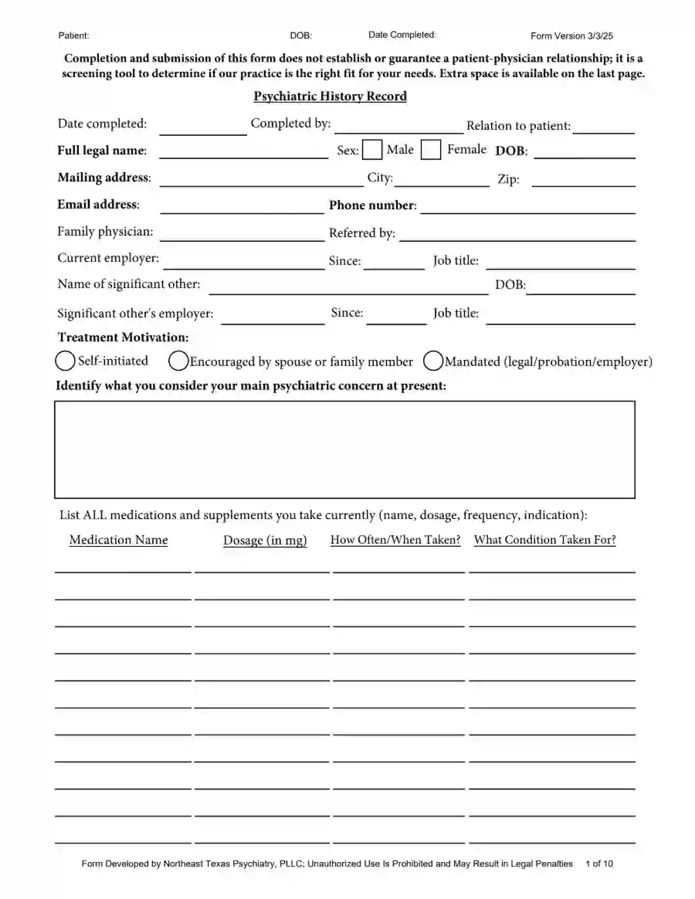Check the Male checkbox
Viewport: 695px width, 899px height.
[x=372, y=150]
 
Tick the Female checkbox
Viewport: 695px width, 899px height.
[x=431, y=150]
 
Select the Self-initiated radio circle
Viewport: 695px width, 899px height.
[x=66, y=361]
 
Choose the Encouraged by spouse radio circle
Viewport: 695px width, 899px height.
[x=178, y=361]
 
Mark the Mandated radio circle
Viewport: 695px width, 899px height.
[x=433, y=361]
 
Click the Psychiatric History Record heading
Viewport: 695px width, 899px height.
[x=330, y=97]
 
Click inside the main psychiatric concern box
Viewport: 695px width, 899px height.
[x=344, y=449]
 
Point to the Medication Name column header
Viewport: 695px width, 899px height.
[x=118, y=540]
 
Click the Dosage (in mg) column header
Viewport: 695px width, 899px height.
[x=265, y=541]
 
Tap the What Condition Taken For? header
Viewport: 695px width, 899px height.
[x=545, y=540]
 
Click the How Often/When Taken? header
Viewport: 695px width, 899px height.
[x=395, y=540]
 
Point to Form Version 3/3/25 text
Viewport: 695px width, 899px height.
[x=572, y=36]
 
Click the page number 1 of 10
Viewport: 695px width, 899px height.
[x=600, y=863]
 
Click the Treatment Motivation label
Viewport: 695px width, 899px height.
[x=123, y=338]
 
